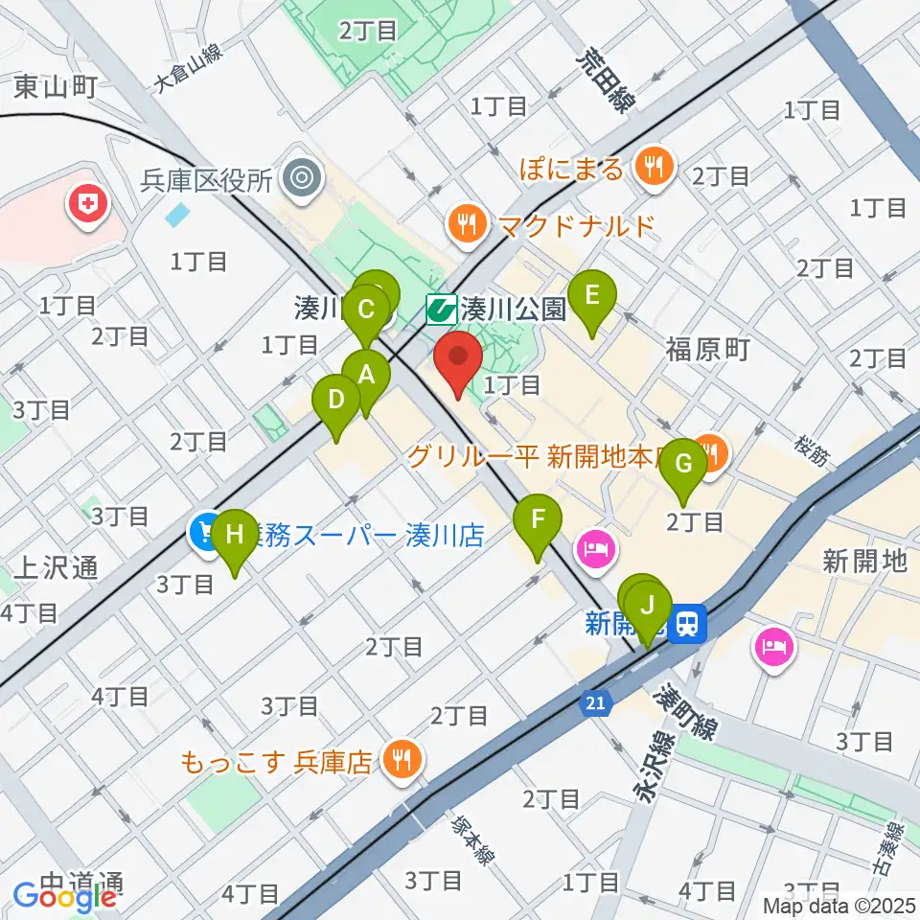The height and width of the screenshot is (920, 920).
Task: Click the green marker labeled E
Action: pos(592,295)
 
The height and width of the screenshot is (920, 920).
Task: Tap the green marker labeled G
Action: pos(684,464)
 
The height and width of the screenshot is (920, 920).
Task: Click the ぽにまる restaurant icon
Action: pos(655,168)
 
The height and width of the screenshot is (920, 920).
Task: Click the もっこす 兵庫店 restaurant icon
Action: pos(397,761)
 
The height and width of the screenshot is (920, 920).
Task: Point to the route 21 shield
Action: pos(595,704)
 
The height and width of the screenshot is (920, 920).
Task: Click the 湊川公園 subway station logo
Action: pos(440,309)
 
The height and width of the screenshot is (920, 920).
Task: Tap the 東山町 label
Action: pos(56,88)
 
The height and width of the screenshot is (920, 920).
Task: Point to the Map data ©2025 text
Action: pos(839,905)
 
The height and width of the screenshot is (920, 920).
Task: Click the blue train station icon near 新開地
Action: pos(686,625)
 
